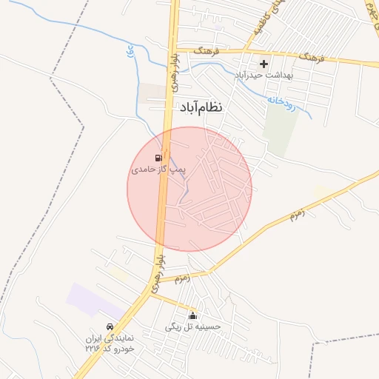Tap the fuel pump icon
coord(158,158)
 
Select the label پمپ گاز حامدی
coord(155,170)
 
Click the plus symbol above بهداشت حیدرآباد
coord(264,64)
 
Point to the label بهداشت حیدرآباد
coord(264,76)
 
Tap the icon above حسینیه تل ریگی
coord(193,315)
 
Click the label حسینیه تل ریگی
coord(193,326)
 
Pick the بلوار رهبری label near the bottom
coord(157,271)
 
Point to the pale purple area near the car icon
coord(93,299)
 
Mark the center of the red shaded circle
coord(189,189)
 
